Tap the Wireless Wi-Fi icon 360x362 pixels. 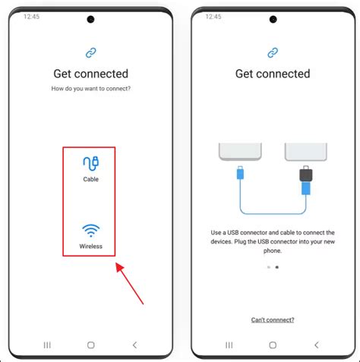pyautogui.click(x=90, y=231)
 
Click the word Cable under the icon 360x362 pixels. pyautogui.click(x=90, y=180)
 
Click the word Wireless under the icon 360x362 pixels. pyautogui.click(x=90, y=247)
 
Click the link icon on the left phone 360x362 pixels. pyautogui.click(x=90, y=52)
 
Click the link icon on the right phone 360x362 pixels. pyautogui.click(x=272, y=52)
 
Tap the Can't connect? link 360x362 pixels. pyautogui.click(x=272, y=320)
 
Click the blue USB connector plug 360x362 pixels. pyautogui.click(x=240, y=175)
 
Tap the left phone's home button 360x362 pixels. pyautogui.click(x=90, y=344)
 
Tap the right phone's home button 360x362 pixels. pyautogui.click(x=272, y=344)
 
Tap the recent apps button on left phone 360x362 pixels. pyautogui.click(x=47, y=344)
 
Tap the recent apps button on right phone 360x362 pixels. pyautogui.click(x=229, y=344)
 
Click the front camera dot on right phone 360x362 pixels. pyautogui.click(x=272, y=19)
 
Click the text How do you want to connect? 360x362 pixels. pyautogui.click(x=90, y=90)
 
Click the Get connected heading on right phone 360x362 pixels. pyautogui.click(x=272, y=74)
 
